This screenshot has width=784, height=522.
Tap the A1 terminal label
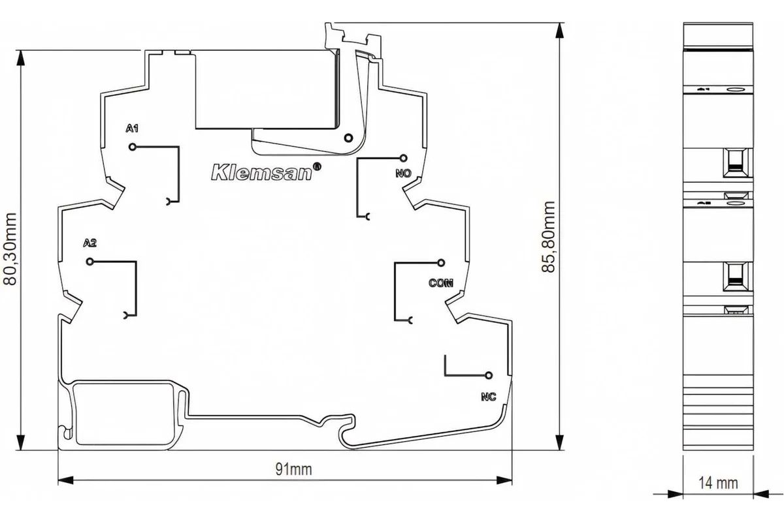[x=132, y=129]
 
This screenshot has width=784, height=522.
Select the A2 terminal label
[x=90, y=243]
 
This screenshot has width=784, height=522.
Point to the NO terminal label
[x=404, y=173]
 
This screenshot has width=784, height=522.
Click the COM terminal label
[x=441, y=283]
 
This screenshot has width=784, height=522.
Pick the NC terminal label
[x=489, y=397]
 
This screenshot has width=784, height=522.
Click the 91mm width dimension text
[x=293, y=470]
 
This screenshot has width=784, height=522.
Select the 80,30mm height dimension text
[x=10, y=249]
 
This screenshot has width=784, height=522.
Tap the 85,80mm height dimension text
[x=548, y=237]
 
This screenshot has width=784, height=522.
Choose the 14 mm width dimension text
[x=718, y=484]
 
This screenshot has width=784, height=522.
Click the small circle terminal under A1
[x=132, y=147]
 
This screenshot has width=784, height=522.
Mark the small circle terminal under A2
[x=90, y=262]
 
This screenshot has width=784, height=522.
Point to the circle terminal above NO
[x=404, y=159]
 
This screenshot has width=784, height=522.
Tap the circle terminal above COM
[x=442, y=262]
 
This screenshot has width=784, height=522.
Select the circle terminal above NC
[x=489, y=375]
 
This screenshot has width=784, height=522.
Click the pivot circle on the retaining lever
[x=348, y=138]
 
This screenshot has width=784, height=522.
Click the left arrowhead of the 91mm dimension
[x=65, y=480]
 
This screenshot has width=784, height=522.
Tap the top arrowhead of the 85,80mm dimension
[x=560, y=31]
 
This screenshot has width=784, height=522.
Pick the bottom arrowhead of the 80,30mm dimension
[x=21, y=442]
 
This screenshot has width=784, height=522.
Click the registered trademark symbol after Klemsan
[x=316, y=166]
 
